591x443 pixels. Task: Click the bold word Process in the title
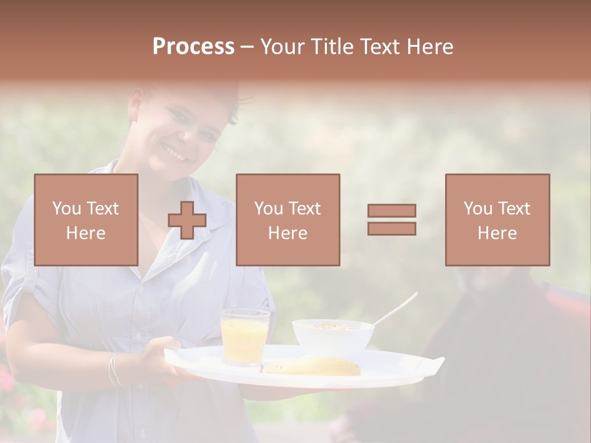point(193,47)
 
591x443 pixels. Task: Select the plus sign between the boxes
point(187,220)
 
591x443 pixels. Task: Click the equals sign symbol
point(392,220)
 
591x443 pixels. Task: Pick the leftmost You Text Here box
point(86,220)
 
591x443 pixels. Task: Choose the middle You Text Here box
point(288,220)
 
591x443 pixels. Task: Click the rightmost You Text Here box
point(497,220)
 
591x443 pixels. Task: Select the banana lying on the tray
point(314,367)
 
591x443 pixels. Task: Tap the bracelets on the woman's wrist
point(114,369)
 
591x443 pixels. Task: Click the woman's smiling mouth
point(175,150)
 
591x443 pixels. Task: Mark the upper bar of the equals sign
point(392,210)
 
